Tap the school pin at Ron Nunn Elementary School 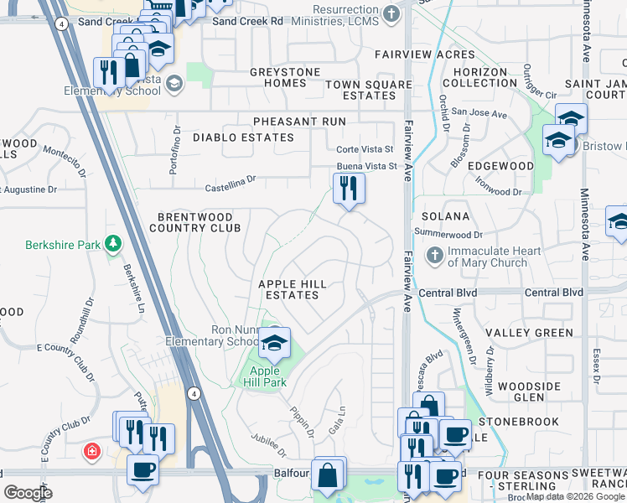[273, 343]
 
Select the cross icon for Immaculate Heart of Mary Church [435, 255]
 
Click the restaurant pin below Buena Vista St [349, 188]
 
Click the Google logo [28, 493]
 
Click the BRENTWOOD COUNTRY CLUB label [194, 221]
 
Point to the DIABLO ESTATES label [243, 137]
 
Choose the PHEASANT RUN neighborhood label [288, 122]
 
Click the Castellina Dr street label [228, 179]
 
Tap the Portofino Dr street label [175, 150]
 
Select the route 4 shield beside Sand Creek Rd [63, 24]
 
